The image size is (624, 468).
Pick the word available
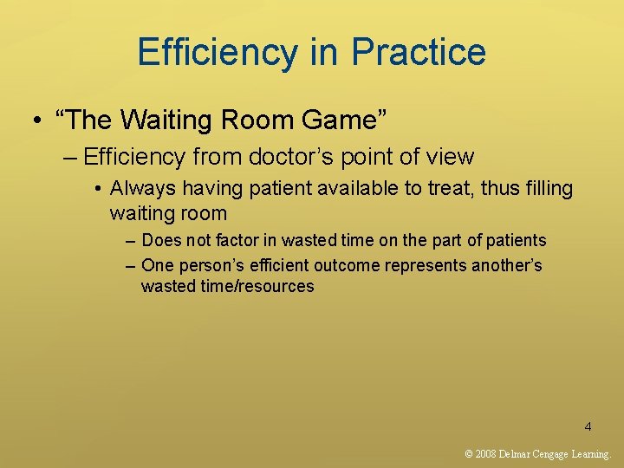point(302,188)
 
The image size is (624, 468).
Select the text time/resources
point(256,286)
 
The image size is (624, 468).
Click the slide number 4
point(588,426)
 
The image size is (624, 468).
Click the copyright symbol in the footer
point(469,453)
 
